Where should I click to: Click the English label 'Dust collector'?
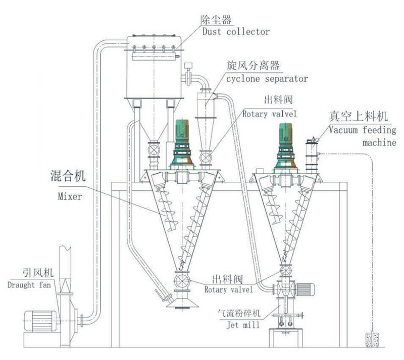[235, 31]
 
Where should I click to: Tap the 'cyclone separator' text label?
[267, 79]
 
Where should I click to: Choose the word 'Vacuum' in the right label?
[345, 129]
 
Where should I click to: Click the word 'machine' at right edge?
[379, 142]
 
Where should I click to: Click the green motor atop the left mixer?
[181, 132]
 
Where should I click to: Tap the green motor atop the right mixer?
[284, 132]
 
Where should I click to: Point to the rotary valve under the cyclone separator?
[205, 157]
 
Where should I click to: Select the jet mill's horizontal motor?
[305, 290]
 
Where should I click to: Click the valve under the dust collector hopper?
[154, 150]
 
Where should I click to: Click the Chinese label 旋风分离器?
[254, 67]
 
